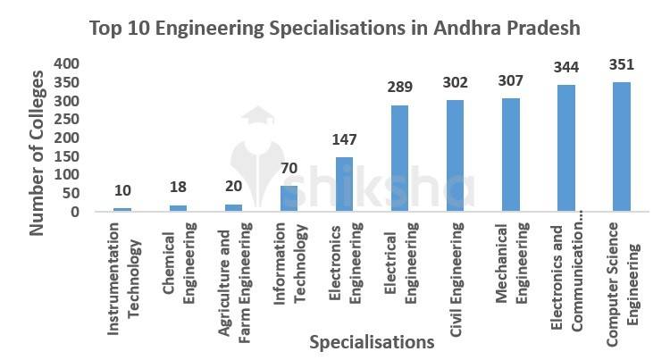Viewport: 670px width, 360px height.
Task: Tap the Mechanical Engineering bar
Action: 509,155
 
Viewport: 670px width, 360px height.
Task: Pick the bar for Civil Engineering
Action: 454,156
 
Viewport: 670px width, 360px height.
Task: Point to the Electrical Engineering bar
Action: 398,159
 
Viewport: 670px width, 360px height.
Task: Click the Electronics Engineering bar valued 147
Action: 344,185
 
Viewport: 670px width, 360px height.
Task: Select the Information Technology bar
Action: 289,199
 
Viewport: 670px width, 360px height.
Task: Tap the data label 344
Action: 565,69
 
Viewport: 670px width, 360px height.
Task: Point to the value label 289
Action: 398,88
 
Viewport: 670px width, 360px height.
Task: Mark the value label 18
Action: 179,189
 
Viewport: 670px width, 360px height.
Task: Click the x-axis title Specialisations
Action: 371,341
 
